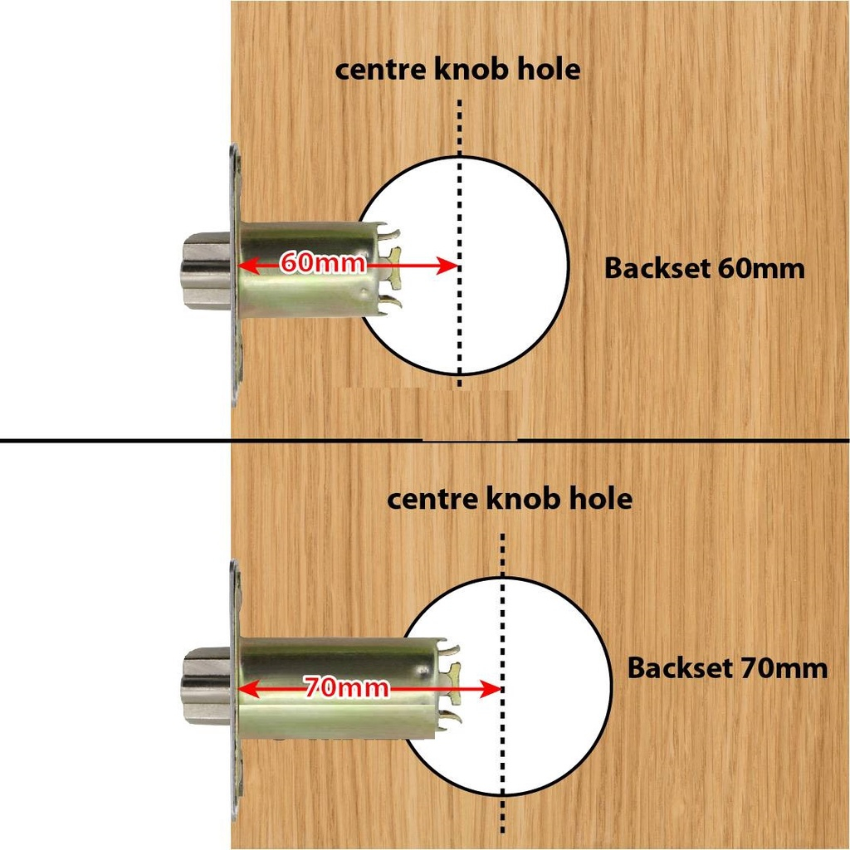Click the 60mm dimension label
click(323, 264)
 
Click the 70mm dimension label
click(346, 687)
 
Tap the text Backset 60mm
click(704, 269)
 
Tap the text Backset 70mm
click(727, 668)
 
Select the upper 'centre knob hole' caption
click(457, 70)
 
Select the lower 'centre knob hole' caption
click(510, 499)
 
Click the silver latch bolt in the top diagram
click(206, 271)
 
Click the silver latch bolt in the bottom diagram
click(206, 685)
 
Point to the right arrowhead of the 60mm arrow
click(449, 266)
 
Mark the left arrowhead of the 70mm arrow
click(247, 688)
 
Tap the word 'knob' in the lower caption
click(526, 499)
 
